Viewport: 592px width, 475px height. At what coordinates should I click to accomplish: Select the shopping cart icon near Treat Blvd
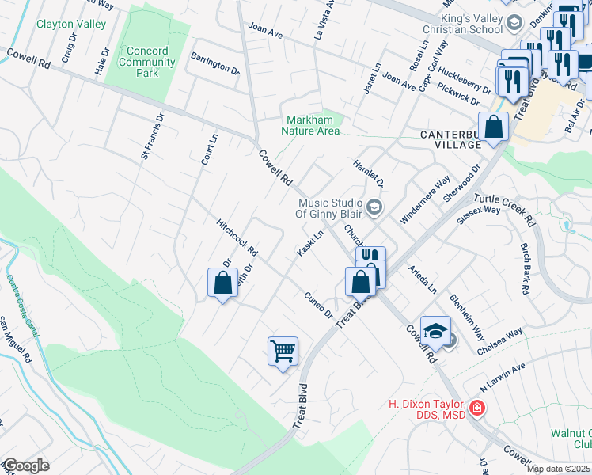point(283,350)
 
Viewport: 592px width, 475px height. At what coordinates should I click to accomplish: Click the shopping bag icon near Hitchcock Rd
point(222,282)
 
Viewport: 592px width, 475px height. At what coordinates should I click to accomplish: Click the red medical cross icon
point(476,408)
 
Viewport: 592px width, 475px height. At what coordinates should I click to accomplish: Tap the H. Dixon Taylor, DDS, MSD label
point(428,409)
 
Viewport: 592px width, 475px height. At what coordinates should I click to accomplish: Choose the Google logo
point(25,465)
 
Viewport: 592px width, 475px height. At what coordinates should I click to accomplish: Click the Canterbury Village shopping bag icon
point(494,127)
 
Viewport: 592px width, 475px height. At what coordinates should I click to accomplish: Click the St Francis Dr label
point(153,135)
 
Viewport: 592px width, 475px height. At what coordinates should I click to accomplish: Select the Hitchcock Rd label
point(237,237)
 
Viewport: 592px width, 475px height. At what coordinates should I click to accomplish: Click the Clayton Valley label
point(71,25)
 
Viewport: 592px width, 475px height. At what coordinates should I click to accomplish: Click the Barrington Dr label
point(214,63)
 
